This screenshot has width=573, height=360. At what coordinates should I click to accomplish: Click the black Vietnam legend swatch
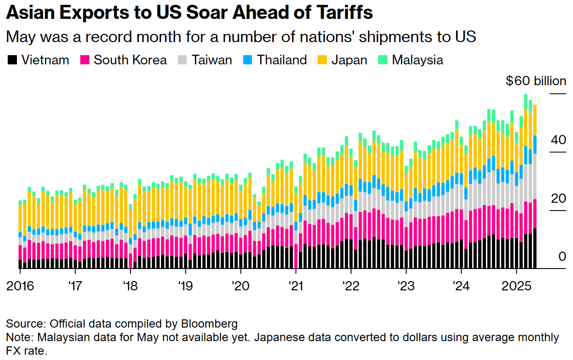point(13,60)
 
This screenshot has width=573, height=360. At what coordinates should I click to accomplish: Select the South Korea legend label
point(130,60)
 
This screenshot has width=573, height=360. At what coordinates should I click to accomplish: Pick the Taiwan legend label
point(212,60)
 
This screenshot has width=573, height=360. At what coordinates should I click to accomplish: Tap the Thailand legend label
point(282,60)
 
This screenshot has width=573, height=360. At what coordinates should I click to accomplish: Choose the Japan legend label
point(349,60)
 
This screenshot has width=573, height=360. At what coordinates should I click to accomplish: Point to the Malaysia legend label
point(418,60)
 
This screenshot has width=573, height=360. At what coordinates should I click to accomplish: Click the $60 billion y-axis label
point(535,81)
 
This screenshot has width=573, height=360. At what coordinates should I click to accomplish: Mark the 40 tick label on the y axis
point(558,140)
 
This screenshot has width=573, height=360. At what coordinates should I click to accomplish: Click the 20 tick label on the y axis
point(558,198)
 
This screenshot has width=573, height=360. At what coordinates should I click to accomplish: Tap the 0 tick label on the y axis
point(562,256)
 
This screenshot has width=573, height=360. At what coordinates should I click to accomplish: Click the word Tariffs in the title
point(346,13)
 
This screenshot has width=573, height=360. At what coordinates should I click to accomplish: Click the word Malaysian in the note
point(60,337)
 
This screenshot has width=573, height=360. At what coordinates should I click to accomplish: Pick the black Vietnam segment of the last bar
point(535,248)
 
